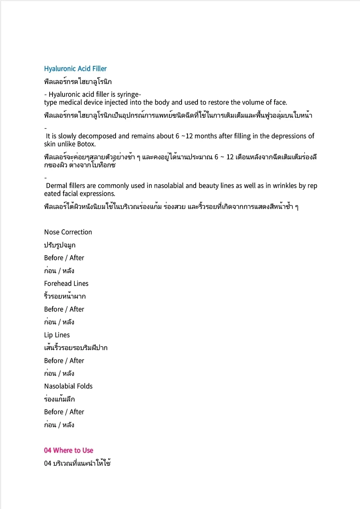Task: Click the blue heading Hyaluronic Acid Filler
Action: (x=75, y=69)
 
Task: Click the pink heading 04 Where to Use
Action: (x=68, y=451)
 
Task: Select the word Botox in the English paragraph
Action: (x=86, y=144)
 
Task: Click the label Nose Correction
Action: (x=68, y=232)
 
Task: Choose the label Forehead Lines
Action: (x=66, y=284)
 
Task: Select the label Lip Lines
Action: (x=57, y=335)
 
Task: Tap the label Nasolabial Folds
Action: (x=68, y=386)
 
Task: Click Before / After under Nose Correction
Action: (x=64, y=258)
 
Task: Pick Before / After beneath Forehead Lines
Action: (x=64, y=309)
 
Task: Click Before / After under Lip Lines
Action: (x=64, y=361)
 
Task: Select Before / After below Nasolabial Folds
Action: (x=64, y=412)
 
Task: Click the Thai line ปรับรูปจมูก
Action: (x=60, y=245)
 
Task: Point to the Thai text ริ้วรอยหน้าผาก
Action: (x=65, y=296)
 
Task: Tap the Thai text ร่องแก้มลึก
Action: (x=59, y=399)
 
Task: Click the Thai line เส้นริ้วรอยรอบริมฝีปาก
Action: (x=76, y=348)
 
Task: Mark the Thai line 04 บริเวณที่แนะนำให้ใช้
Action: (x=77, y=463)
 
